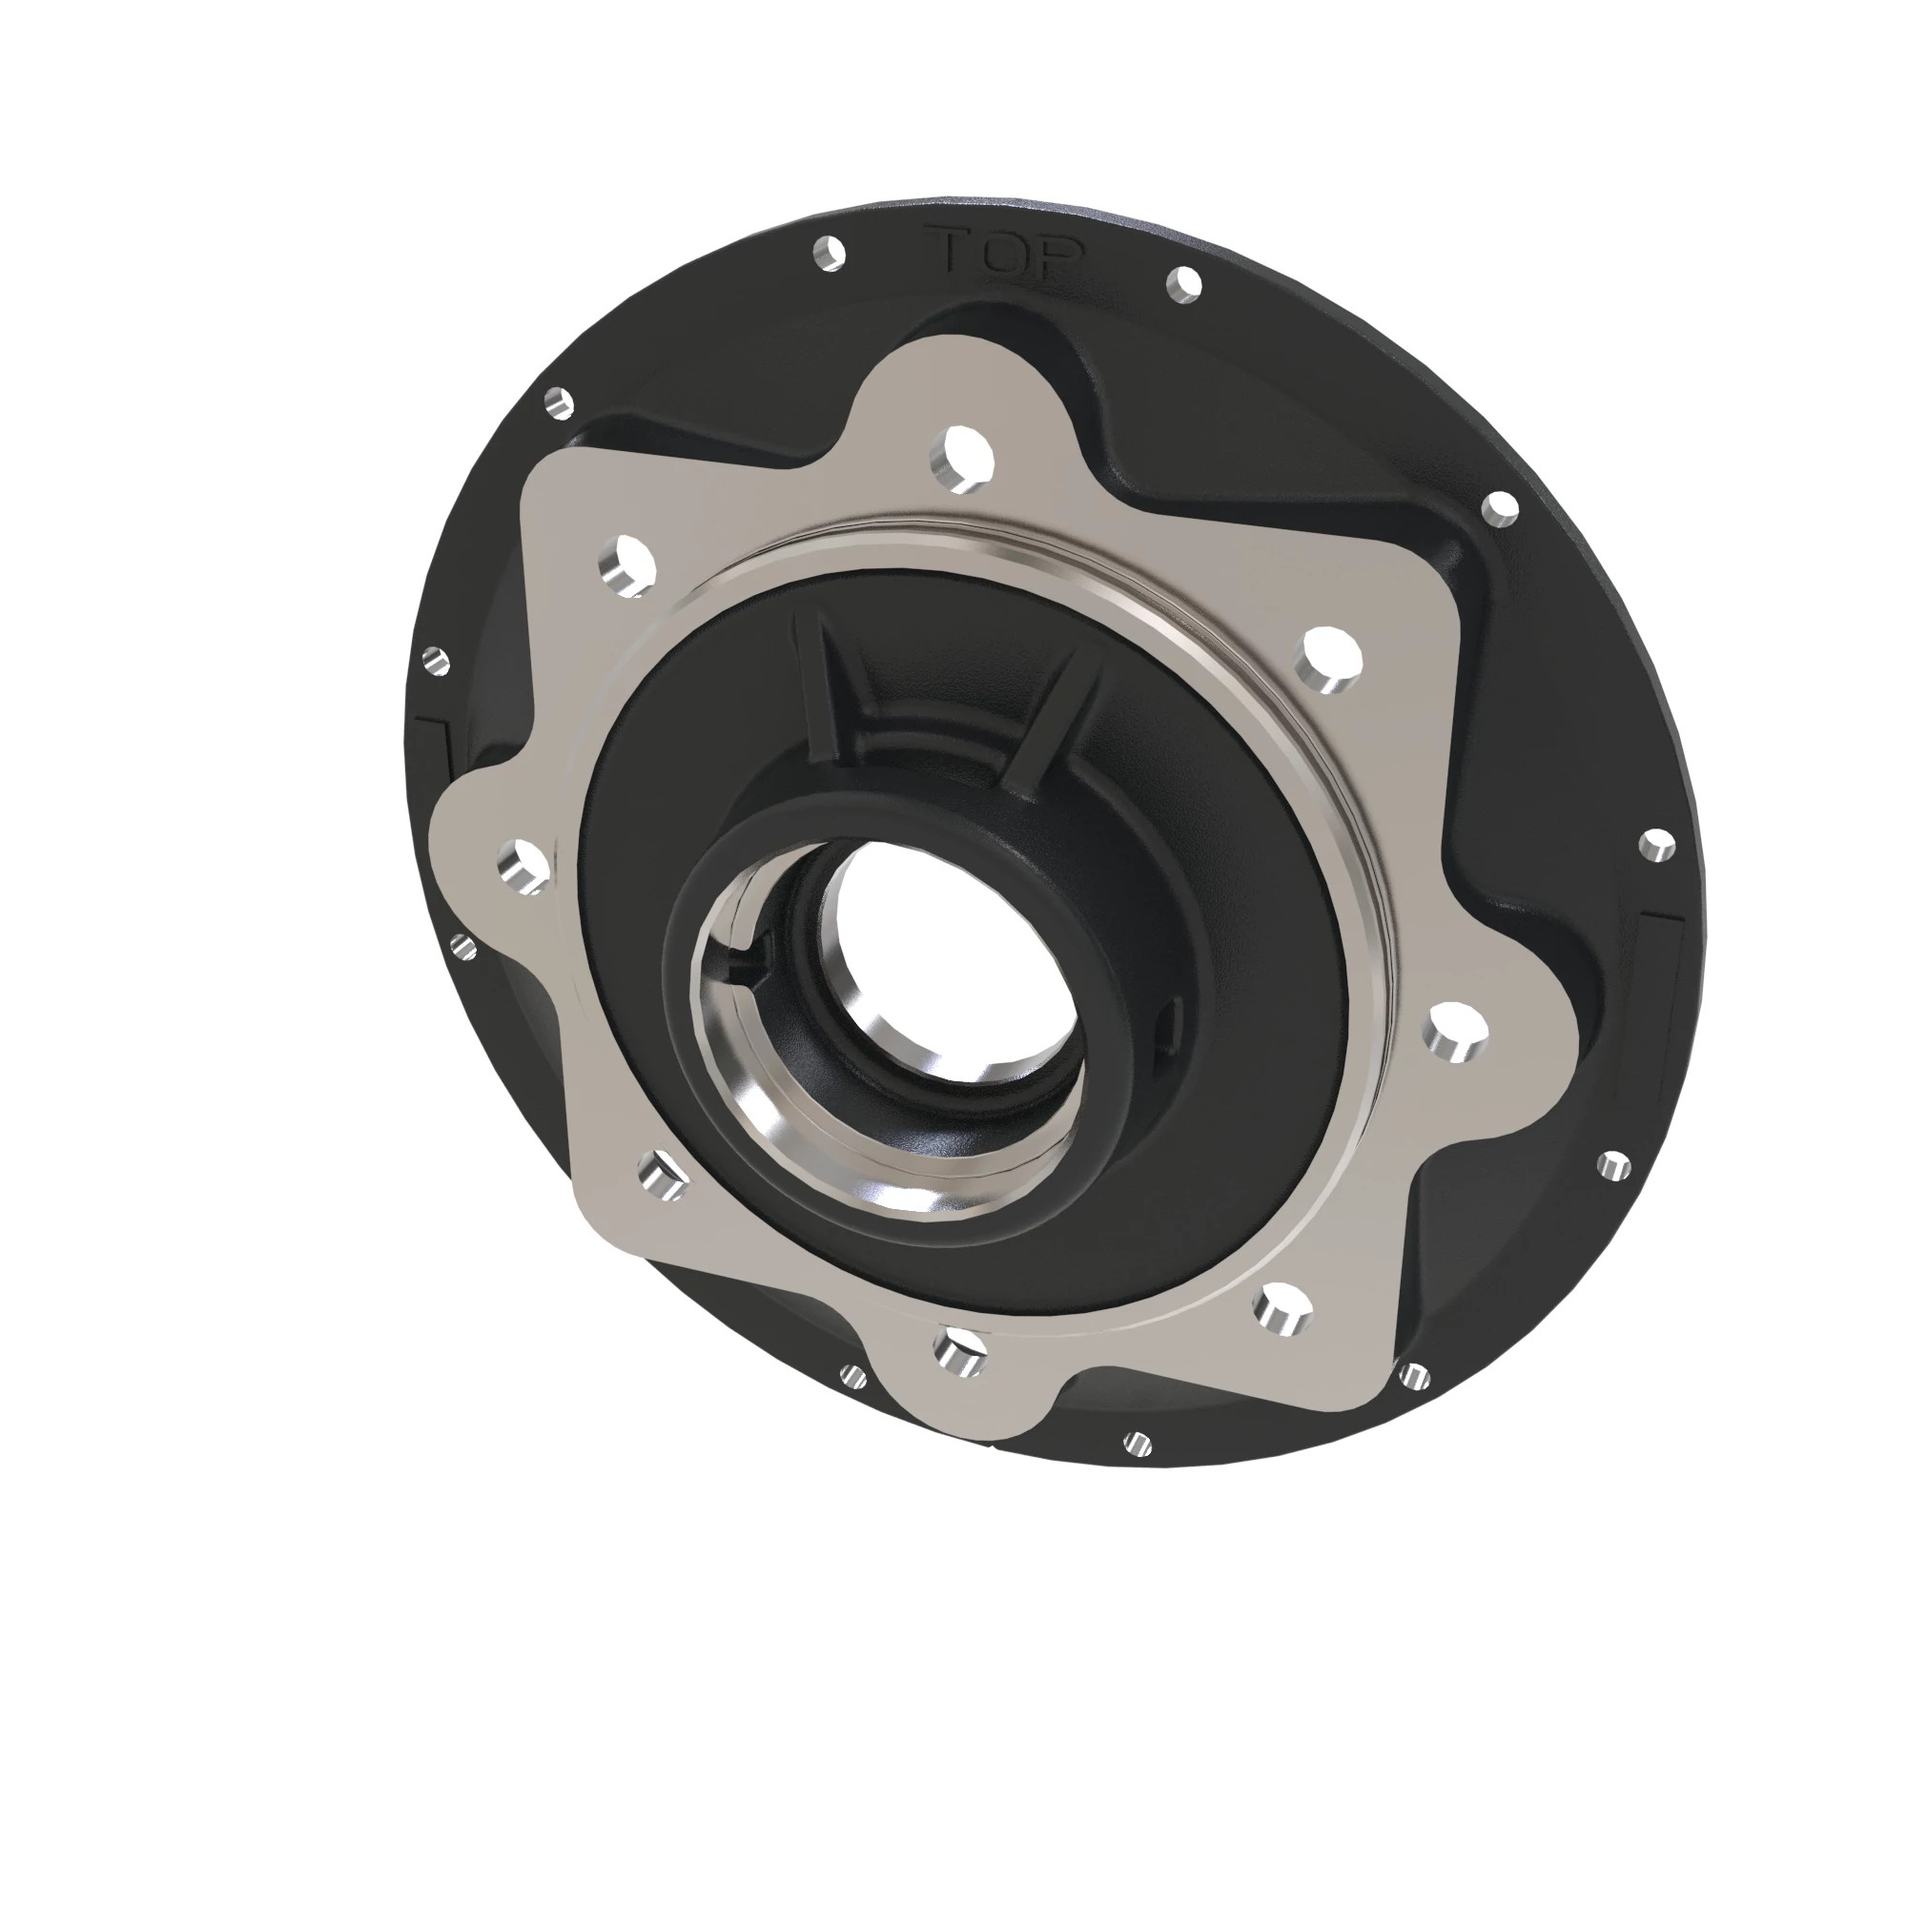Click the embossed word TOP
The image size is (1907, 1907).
pos(1007,253)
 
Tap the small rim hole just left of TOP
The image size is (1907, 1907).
pos(830,253)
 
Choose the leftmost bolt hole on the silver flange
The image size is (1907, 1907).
pos(523,865)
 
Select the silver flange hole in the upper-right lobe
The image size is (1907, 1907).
pos(1330,656)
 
